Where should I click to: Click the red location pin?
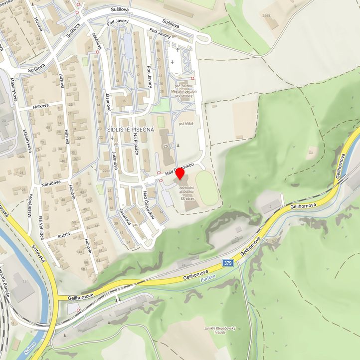(x=180, y=176)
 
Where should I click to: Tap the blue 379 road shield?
(x=228, y=263)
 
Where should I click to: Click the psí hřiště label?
(x=185, y=123)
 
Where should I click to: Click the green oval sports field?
(x=206, y=188)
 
